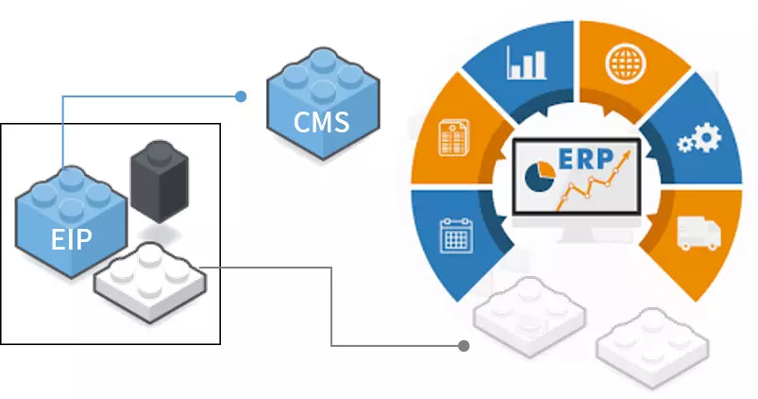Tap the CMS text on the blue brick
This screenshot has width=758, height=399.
point(321,122)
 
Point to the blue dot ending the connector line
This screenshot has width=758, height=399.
point(242,95)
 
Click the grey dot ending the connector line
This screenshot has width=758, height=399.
point(463,346)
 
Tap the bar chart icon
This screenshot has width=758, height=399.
point(527,62)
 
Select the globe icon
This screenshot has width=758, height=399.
point(624,63)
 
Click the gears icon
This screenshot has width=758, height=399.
point(699,139)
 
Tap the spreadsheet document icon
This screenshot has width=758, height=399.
point(454,139)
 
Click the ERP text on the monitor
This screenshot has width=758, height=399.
point(584,158)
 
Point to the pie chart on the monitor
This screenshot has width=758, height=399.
point(540,177)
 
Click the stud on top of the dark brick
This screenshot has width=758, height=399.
point(156,152)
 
